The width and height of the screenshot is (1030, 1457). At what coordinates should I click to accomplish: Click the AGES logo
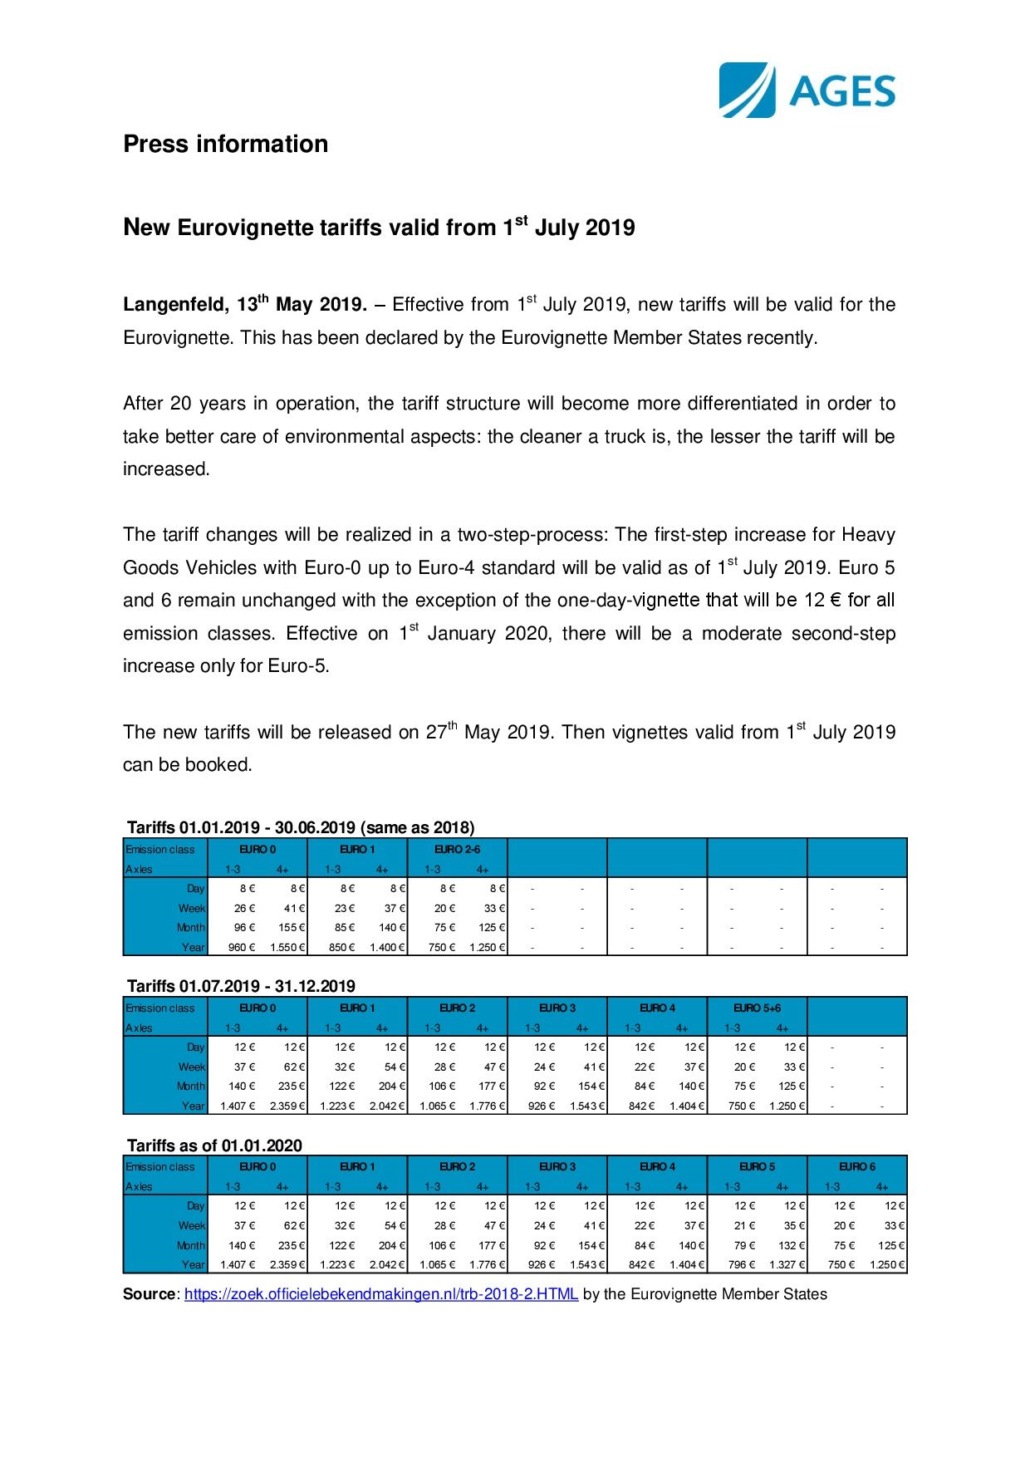pyautogui.click(x=807, y=90)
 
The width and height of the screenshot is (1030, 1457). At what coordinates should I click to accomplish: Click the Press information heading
pyautogui.click(x=225, y=144)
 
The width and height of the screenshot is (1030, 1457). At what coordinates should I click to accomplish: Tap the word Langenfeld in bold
pyautogui.click(x=174, y=305)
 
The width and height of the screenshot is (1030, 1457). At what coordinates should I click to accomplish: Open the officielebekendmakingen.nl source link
pyautogui.click(x=381, y=1294)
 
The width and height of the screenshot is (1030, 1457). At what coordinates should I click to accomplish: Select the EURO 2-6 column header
pyautogui.click(x=457, y=849)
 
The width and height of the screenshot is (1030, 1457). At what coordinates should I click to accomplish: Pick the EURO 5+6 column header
pyautogui.click(x=757, y=1008)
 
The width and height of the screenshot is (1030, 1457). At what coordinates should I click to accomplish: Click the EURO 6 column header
pyautogui.click(x=856, y=1166)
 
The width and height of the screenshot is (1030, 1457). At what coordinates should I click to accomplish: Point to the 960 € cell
pyautogui.click(x=242, y=947)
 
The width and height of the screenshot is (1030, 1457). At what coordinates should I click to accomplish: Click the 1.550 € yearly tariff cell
pyautogui.click(x=288, y=947)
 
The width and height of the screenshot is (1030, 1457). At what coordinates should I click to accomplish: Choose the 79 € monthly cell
pyautogui.click(x=745, y=1245)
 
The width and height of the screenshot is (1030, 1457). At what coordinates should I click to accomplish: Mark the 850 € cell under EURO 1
pyautogui.click(x=341, y=947)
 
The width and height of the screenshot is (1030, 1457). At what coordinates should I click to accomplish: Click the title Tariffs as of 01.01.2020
pyautogui.click(x=214, y=1145)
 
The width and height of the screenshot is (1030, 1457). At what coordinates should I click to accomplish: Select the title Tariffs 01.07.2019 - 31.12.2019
pyautogui.click(x=241, y=986)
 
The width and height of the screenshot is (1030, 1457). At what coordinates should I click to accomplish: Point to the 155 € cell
pyautogui.click(x=292, y=927)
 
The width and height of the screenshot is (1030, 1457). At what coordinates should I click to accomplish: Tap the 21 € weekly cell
pyautogui.click(x=745, y=1225)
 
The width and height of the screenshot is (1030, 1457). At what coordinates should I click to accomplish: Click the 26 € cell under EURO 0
pyautogui.click(x=245, y=908)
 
